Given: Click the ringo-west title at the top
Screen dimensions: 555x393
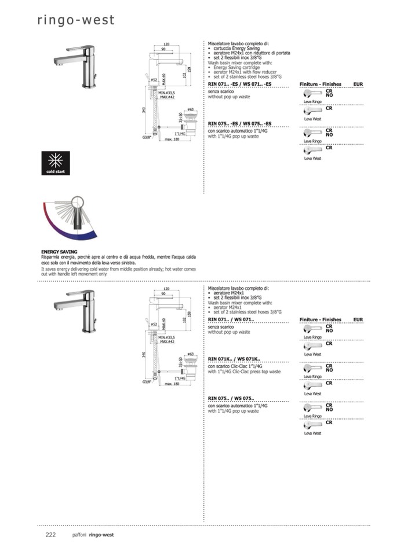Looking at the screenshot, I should tap(76, 20).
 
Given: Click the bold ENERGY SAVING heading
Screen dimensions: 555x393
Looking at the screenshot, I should tap(60, 252).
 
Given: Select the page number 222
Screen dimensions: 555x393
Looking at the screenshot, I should tap(50, 535).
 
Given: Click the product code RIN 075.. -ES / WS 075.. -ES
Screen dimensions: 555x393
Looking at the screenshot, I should tap(239, 124).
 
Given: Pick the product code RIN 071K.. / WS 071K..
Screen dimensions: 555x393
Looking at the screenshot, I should tap(234, 359).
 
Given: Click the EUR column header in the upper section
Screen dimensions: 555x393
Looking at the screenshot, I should tap(358, 84).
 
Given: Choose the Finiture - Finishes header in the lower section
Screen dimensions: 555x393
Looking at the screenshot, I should tap(320, 319).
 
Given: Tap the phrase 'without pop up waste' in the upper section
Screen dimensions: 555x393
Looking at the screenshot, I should tap(228, 97).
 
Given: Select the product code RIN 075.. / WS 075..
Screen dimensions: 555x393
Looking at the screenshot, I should tap(231, 399).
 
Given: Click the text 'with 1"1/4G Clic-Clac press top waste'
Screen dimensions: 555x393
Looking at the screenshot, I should tap(244, 372).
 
